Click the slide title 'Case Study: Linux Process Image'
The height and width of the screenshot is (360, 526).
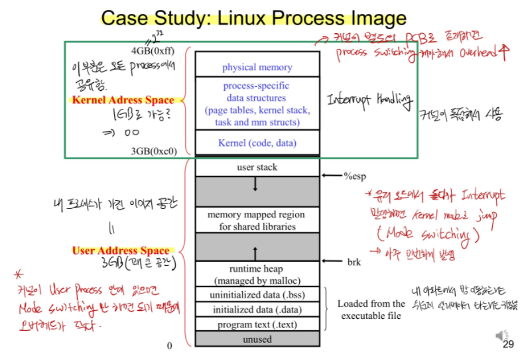253,18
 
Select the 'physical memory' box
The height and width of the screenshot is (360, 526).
257,67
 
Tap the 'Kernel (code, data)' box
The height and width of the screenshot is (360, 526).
257,143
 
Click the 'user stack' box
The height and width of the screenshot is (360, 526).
257,168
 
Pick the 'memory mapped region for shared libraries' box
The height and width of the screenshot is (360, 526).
257,221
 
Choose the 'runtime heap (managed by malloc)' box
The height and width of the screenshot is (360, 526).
257,274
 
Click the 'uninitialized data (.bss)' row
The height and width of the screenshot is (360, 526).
257,294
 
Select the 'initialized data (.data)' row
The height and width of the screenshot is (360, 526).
257,310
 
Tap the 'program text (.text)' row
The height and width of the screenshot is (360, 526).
257,325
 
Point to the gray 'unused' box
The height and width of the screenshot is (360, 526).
257,339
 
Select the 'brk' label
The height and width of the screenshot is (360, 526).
354,263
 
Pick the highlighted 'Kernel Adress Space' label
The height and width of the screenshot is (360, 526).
123,101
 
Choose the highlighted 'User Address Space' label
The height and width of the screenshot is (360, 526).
121,251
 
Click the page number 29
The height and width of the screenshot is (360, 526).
509,344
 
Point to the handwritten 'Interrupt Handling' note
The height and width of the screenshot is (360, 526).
370,101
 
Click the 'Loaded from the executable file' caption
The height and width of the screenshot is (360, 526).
371,310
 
